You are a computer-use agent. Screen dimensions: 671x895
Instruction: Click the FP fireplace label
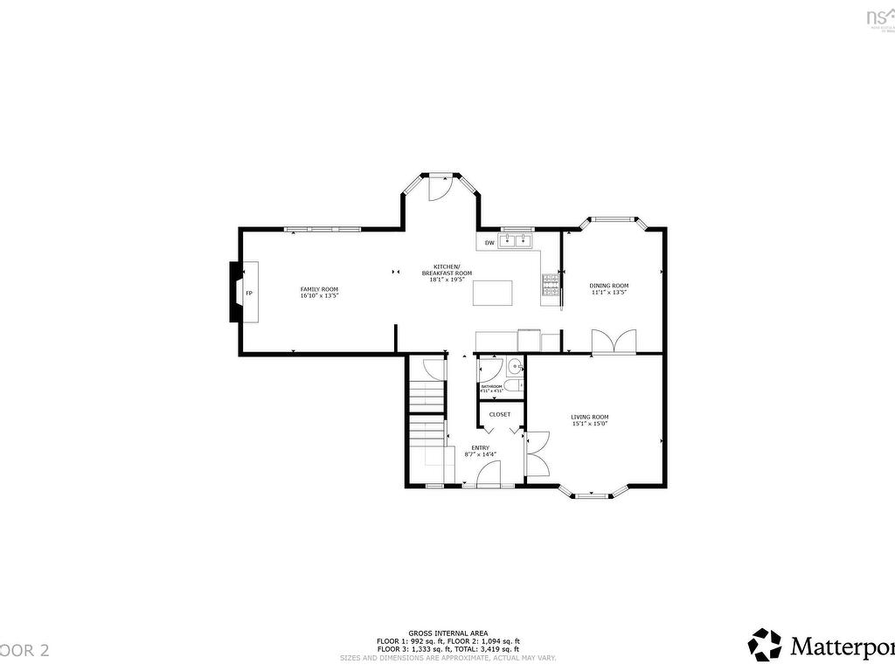(249, 293)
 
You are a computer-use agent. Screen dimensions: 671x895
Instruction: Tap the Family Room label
(319, 289)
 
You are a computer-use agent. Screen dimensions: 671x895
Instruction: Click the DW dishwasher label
(489, 242)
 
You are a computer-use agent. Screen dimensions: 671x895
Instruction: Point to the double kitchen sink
(517, 239)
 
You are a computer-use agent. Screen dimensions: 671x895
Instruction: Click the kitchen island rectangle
(490, 293)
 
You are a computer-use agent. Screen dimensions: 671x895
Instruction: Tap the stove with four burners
(551, 286)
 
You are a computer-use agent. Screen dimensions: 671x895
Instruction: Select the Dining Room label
(608, 286)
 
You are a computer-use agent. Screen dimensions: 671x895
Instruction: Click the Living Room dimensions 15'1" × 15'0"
(590, 424)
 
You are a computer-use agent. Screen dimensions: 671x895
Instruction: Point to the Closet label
(500, 414)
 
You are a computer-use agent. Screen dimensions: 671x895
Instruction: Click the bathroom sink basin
(516, 367)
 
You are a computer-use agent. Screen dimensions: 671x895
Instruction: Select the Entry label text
(481, 448)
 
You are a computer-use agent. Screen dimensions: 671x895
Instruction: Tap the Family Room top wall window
(323, 229)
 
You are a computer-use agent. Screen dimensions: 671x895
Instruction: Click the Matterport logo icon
(766, 645)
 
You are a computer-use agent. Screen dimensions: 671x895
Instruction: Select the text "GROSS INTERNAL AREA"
(447, 633)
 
